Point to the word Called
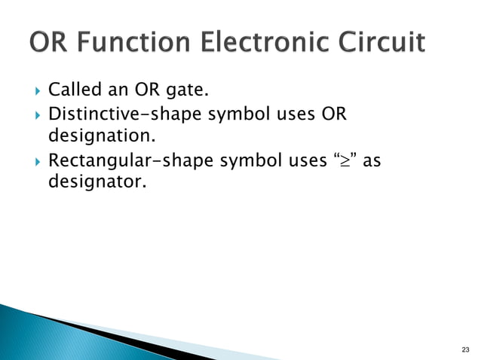pos(74,93)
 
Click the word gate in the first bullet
pos(185,93)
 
